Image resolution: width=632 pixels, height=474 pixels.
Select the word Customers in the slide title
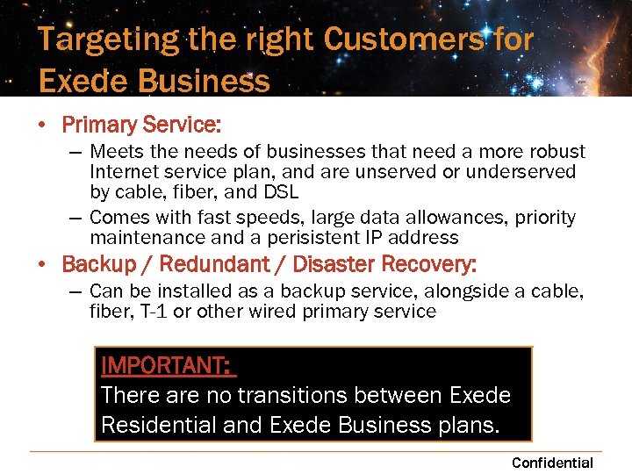403,39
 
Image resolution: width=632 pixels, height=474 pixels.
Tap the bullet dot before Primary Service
42,126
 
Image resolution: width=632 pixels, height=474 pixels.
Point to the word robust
556,152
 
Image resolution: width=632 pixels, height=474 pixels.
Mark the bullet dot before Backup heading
42,264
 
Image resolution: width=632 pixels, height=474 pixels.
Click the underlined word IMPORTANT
166,365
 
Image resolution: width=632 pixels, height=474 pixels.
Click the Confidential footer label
552,463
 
